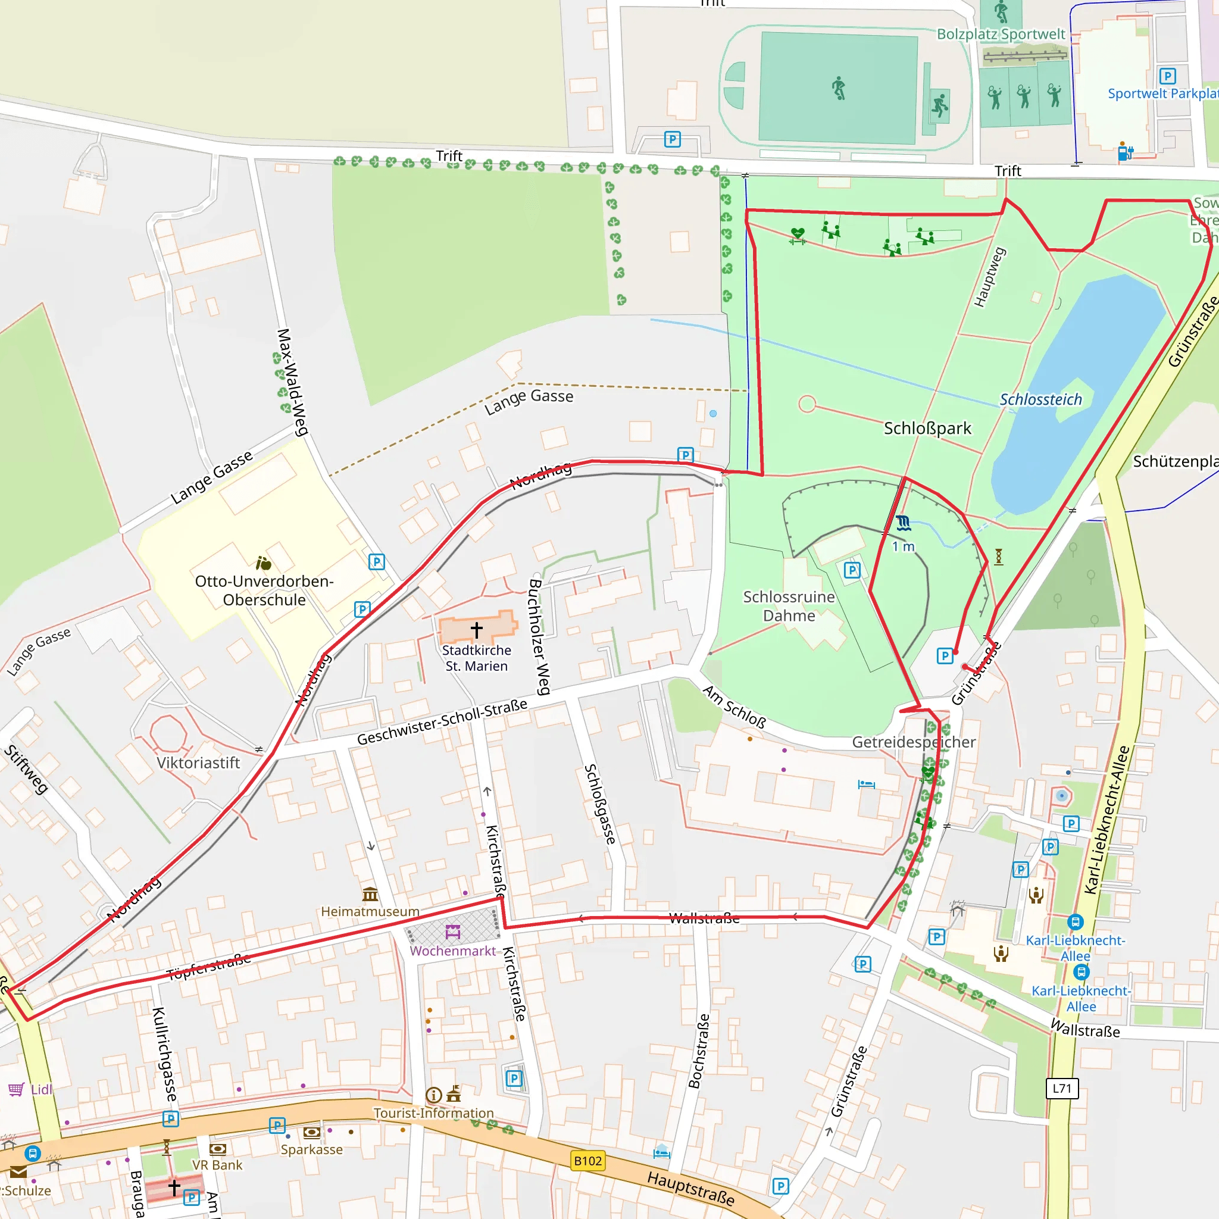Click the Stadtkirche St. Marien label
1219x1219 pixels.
476,658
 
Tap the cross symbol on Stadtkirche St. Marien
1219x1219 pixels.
476,629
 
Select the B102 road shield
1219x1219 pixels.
587,1161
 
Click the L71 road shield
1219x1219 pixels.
1062,1089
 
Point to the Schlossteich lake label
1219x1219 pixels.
1040,399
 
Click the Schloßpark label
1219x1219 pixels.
927,429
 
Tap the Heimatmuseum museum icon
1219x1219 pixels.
370,894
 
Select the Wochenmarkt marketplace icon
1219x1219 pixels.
452,932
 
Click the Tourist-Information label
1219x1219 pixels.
433,1114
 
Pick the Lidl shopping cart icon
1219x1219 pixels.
16,1089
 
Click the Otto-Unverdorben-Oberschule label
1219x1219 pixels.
264,590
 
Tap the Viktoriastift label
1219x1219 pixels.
198,764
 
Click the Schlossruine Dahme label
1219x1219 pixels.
789,606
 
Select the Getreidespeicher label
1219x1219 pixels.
914,742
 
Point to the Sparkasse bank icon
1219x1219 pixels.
312,1133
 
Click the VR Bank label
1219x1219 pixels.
217,1165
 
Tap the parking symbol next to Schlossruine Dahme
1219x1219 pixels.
852,570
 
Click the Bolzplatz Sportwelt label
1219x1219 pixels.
1001,34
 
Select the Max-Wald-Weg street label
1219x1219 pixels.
292,382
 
